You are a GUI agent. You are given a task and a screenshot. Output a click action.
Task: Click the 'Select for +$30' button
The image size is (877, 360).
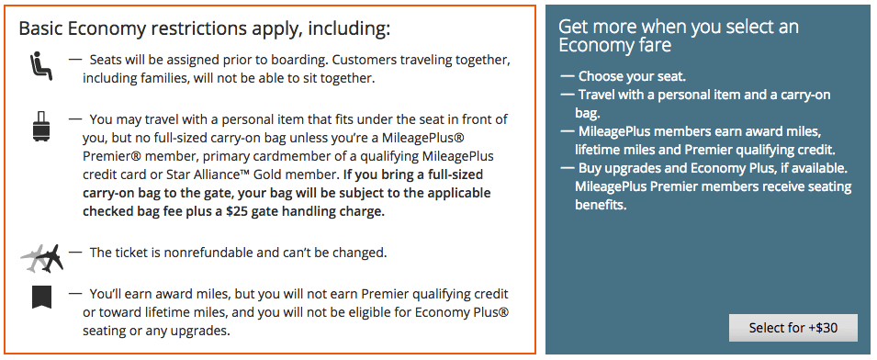793,328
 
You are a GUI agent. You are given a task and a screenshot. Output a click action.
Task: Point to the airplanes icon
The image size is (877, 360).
42,258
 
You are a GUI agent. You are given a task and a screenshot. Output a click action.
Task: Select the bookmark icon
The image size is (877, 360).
41,298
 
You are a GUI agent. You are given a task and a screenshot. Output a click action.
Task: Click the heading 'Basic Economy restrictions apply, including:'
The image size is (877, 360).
205,28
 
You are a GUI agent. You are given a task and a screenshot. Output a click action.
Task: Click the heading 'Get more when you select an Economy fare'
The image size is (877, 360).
679,36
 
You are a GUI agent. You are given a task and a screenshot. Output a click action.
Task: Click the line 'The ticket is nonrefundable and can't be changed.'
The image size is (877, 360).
237,252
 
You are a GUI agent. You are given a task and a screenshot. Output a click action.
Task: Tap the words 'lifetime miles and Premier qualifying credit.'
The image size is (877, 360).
704,150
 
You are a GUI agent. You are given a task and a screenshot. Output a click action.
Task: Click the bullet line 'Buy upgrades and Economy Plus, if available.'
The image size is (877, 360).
713,169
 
